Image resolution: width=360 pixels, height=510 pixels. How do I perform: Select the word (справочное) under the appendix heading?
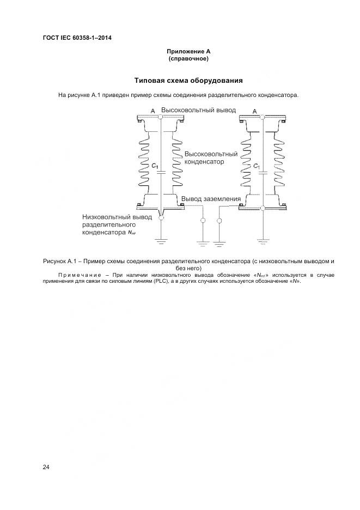point(188,58)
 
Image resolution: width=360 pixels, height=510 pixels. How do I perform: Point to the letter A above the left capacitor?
point(152,111)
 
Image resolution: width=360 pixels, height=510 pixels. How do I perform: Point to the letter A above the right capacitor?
point(255,111)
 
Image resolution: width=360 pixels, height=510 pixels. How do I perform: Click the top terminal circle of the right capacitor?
point(263,117)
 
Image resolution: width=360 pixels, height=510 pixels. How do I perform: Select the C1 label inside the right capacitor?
point(257,166)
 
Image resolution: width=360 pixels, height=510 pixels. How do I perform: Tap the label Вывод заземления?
point(211,199)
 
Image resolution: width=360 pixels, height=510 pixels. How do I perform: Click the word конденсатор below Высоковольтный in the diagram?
point(204,162)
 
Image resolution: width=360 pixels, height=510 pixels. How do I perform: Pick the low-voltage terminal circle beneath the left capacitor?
point(161,218)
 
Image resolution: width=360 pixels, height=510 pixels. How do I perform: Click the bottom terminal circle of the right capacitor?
point(263,208)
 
